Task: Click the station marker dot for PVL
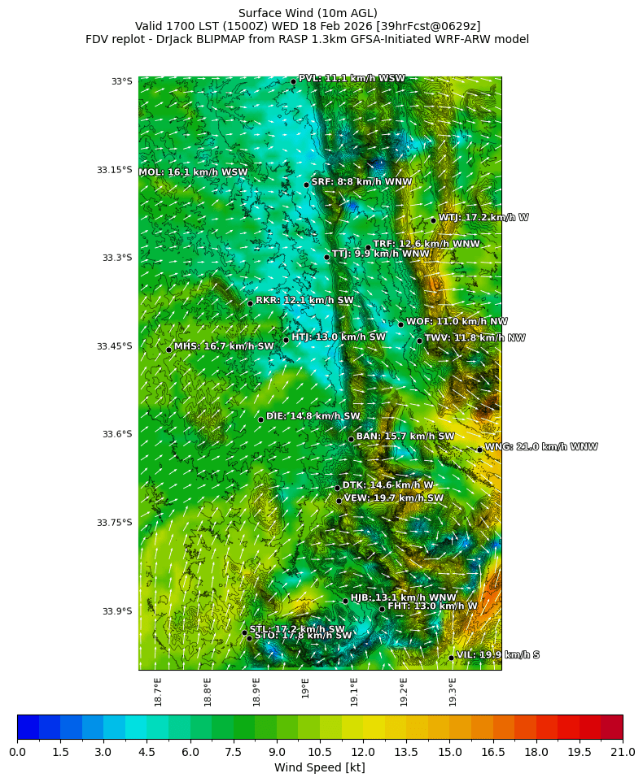click(293, 81)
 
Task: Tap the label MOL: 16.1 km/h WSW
click(193, 172)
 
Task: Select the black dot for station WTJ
click(433, 219)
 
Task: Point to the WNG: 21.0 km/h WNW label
click(540, 447)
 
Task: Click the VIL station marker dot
click(451, 658)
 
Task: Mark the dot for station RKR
click(251, 303)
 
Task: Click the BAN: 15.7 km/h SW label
click(405, 437)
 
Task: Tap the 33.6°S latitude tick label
click(116, 434)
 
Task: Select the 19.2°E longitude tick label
click(404, 692)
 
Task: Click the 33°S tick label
click(121, 81)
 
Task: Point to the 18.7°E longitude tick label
click(158, 692)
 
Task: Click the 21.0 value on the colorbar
click(622, 753)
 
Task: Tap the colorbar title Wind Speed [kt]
click(319, 767)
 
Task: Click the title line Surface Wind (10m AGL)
click(307, 13)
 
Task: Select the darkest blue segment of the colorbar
click(28, 727)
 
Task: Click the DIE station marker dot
click(260, 419)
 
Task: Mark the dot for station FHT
click(382, 609)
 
